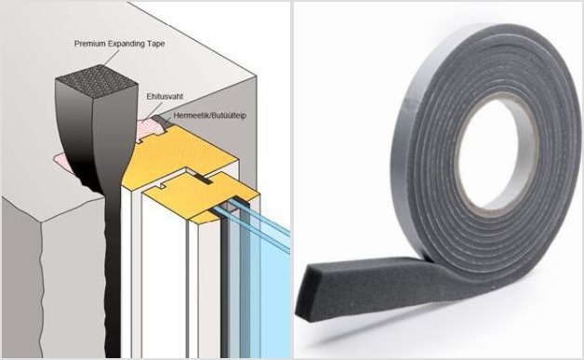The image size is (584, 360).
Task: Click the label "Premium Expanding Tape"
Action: pyautogui.click(x=119, y=44)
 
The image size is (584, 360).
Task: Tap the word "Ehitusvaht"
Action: pyautogui.click(x=165, y=97)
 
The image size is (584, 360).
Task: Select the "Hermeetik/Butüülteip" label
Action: pyautogui.click(x=209, y=115)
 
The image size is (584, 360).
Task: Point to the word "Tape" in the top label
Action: pyautogui.click(x=155, y=44)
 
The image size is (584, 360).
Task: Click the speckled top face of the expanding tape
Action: pyautogui.click(x=96, y=81)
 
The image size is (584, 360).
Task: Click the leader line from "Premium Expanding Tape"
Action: pyautogui.click(x=111, y=58)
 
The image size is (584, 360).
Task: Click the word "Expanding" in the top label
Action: pyautogui.click(x=126, y=44)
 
